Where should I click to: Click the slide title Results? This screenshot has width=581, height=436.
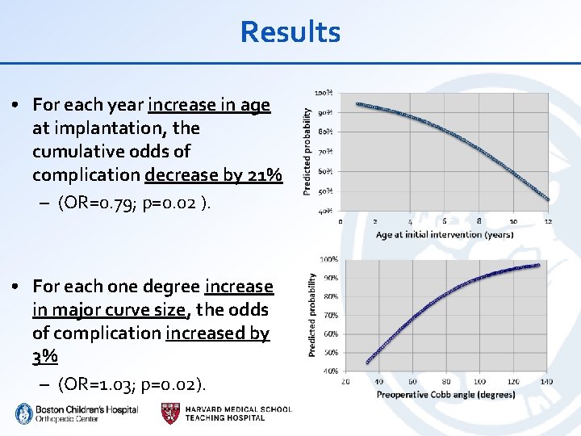coord(290,32)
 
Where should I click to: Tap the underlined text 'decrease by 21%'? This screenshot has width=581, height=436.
coord(213,174)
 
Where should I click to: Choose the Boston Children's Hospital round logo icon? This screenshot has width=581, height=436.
coord(23,413)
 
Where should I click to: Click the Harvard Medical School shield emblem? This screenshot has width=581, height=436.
coord(171,413)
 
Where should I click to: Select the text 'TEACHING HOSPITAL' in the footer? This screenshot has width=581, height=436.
coord(224,417)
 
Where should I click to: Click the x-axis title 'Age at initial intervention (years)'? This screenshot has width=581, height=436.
coord(444,234)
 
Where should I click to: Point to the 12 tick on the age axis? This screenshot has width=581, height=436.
coord(549,220)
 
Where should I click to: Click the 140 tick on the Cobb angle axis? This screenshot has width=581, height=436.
coord(547,381)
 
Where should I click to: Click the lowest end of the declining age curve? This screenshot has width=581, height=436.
coord(548,198)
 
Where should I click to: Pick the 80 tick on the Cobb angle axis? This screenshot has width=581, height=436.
coord(446,381)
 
